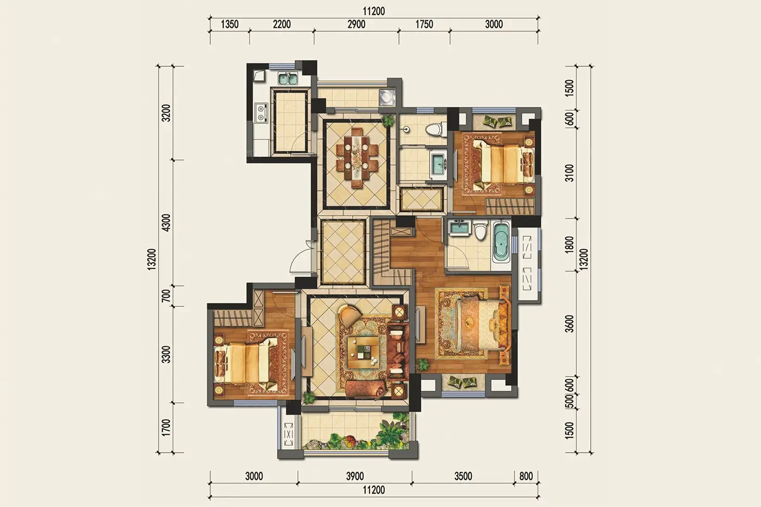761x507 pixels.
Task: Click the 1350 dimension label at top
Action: (229, 24)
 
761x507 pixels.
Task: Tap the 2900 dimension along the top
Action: (357, 24)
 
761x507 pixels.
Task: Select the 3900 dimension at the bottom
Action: (355, 477)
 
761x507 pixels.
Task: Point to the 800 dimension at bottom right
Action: (526, 477)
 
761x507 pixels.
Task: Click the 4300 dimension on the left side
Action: (166, 223)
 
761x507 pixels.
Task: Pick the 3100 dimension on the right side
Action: (570, 173)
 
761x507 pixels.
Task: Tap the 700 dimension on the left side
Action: (166, 296)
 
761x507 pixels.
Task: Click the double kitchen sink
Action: (288, 78)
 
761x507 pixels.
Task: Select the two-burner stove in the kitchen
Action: (261, 113)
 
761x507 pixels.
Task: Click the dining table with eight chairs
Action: (357, 158)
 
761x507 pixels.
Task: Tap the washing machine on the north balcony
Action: (387, 97)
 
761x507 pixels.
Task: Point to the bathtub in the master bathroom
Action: (501, 242)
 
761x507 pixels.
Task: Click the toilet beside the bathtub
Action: (481, 230)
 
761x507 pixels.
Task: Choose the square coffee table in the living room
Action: (363, 352)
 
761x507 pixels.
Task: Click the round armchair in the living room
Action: (350, 316)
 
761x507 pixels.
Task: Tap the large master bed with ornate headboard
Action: (483, 324)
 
